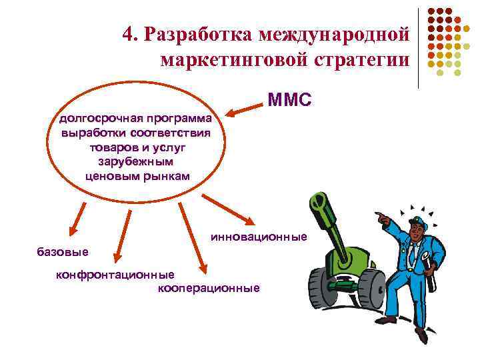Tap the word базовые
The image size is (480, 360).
(61, 251)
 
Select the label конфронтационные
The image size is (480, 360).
(115, 275)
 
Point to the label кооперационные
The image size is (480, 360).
(208, 288)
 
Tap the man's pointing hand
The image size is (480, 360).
(381, 217)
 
